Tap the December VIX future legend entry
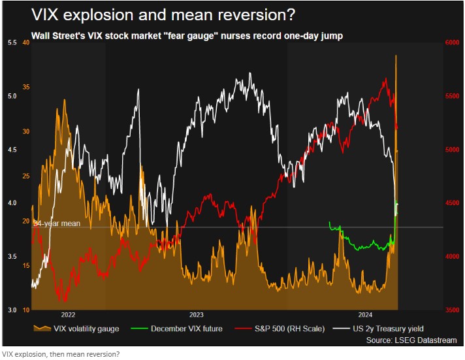tap(186, 328)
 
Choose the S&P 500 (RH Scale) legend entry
tap(289, 328)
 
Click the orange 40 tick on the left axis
tap(26, 42)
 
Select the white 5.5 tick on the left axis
tap(12, 42)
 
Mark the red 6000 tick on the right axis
tap(453, 42)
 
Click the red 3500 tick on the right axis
tap(453, 310)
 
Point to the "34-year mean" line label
tap(57, 223)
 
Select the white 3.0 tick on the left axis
tap(12, 310)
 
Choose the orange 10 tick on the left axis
tap(26, 310)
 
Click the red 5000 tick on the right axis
tap(453, 150)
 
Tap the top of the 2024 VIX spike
tap(396, 56)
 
